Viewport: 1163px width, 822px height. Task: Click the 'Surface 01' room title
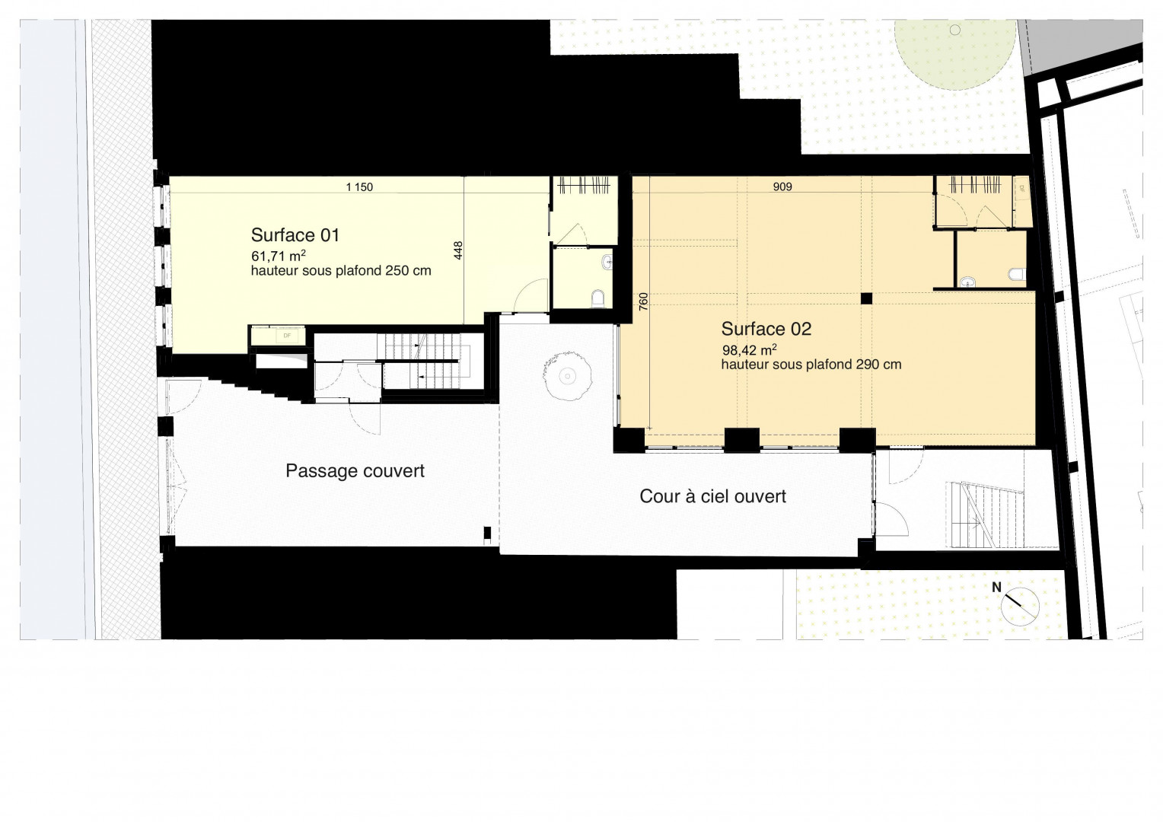(x=295, y=235)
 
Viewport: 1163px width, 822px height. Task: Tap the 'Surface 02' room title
(x=766, y=329)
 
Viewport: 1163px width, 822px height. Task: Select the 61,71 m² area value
(x=279, y=256)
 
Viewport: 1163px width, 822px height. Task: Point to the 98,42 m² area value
(x=749, y=349)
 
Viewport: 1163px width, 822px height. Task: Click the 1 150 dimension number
(x=359, y=187)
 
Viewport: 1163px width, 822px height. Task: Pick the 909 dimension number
(x=782, y=187)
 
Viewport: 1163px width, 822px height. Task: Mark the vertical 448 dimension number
(x=458, y=251)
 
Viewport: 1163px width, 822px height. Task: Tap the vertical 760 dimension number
(x=642, y=301)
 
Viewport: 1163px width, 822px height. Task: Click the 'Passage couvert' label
(x=355, y=471)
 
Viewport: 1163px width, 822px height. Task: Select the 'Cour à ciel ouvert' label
(x=713, y=496)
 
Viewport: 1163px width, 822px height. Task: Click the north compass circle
(x=1020, y=607)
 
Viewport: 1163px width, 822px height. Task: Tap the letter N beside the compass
(x=996, y=588)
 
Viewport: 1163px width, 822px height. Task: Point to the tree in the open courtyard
(x=568, y=375)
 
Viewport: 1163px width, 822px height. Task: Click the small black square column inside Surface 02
(x=866, y=298)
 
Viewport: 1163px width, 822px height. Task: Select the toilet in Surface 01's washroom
(x=598, y=298)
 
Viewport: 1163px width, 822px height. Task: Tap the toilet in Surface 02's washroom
(x=1017, y=274)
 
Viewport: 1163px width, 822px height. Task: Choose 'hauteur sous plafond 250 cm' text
(x=341, y=271)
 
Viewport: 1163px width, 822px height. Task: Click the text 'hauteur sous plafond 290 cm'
(x=811, y=365)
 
